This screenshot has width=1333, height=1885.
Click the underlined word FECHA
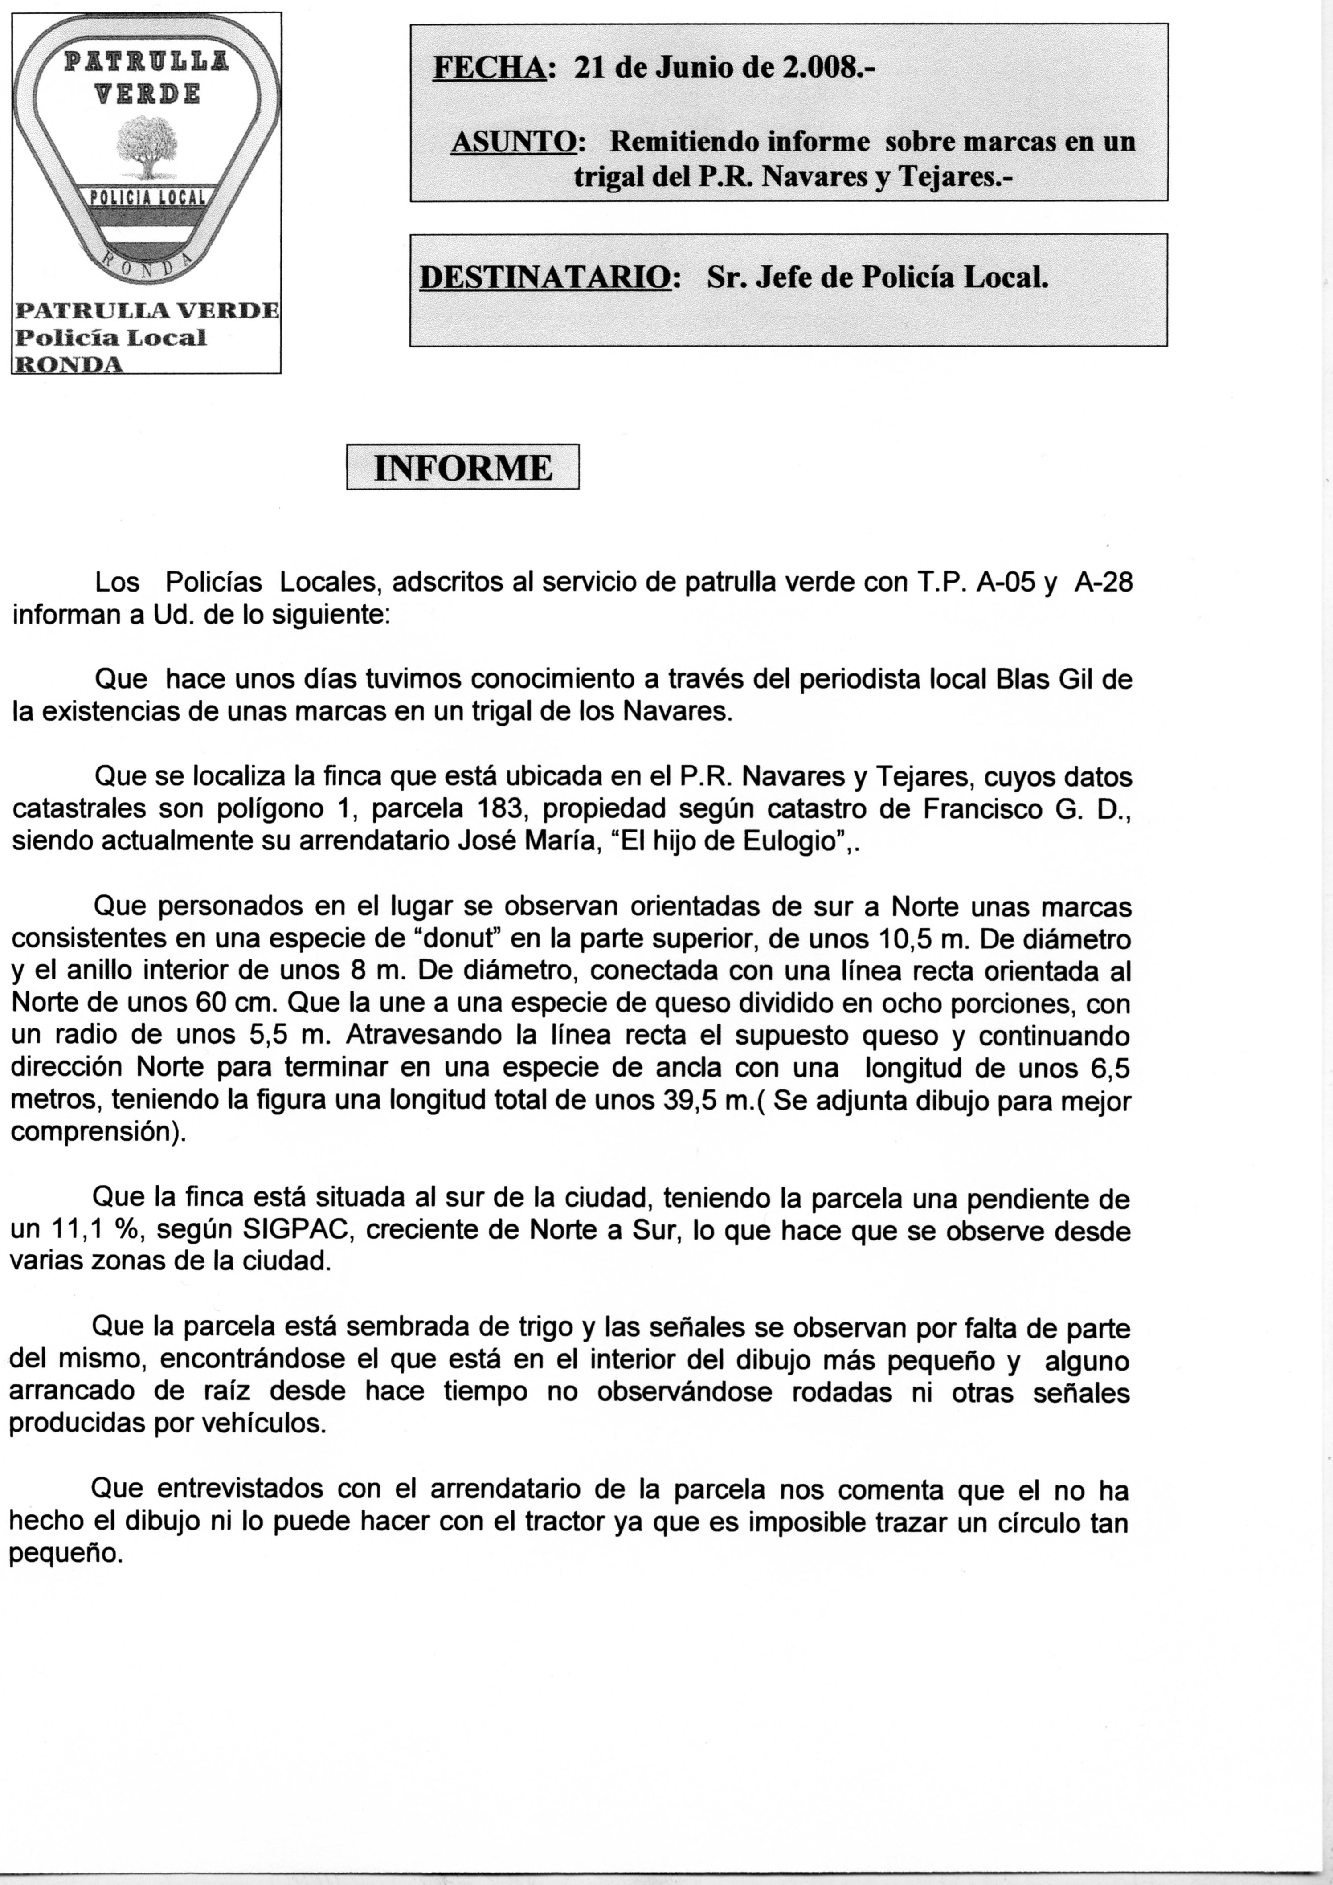pos(489,67)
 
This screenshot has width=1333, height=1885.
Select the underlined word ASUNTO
pos(513,142)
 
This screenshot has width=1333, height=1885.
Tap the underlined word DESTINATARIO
pos(544,277)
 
